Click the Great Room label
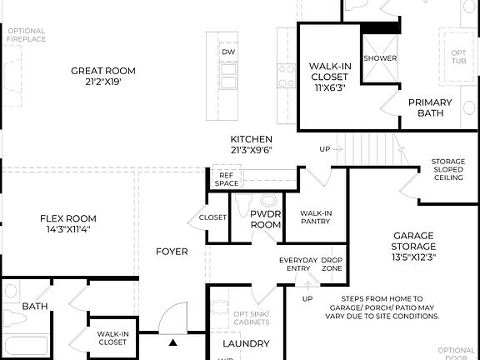point(103,71)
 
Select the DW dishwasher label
point(228,52)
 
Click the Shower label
point(380,58)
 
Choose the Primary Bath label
point(430,107)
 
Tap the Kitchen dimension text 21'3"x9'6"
point(252,150)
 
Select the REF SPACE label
point(226,179)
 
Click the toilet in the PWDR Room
point(268,201)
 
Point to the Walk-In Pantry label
point(316,217)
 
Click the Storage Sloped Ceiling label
point(448,169)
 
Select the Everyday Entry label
point(298,265)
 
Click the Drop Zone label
point(332,265)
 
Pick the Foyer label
point(172,252)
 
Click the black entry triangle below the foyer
point(173,342)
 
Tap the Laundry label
point(246,343)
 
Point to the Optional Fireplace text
point(26,36)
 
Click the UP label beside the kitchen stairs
point(325,149)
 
